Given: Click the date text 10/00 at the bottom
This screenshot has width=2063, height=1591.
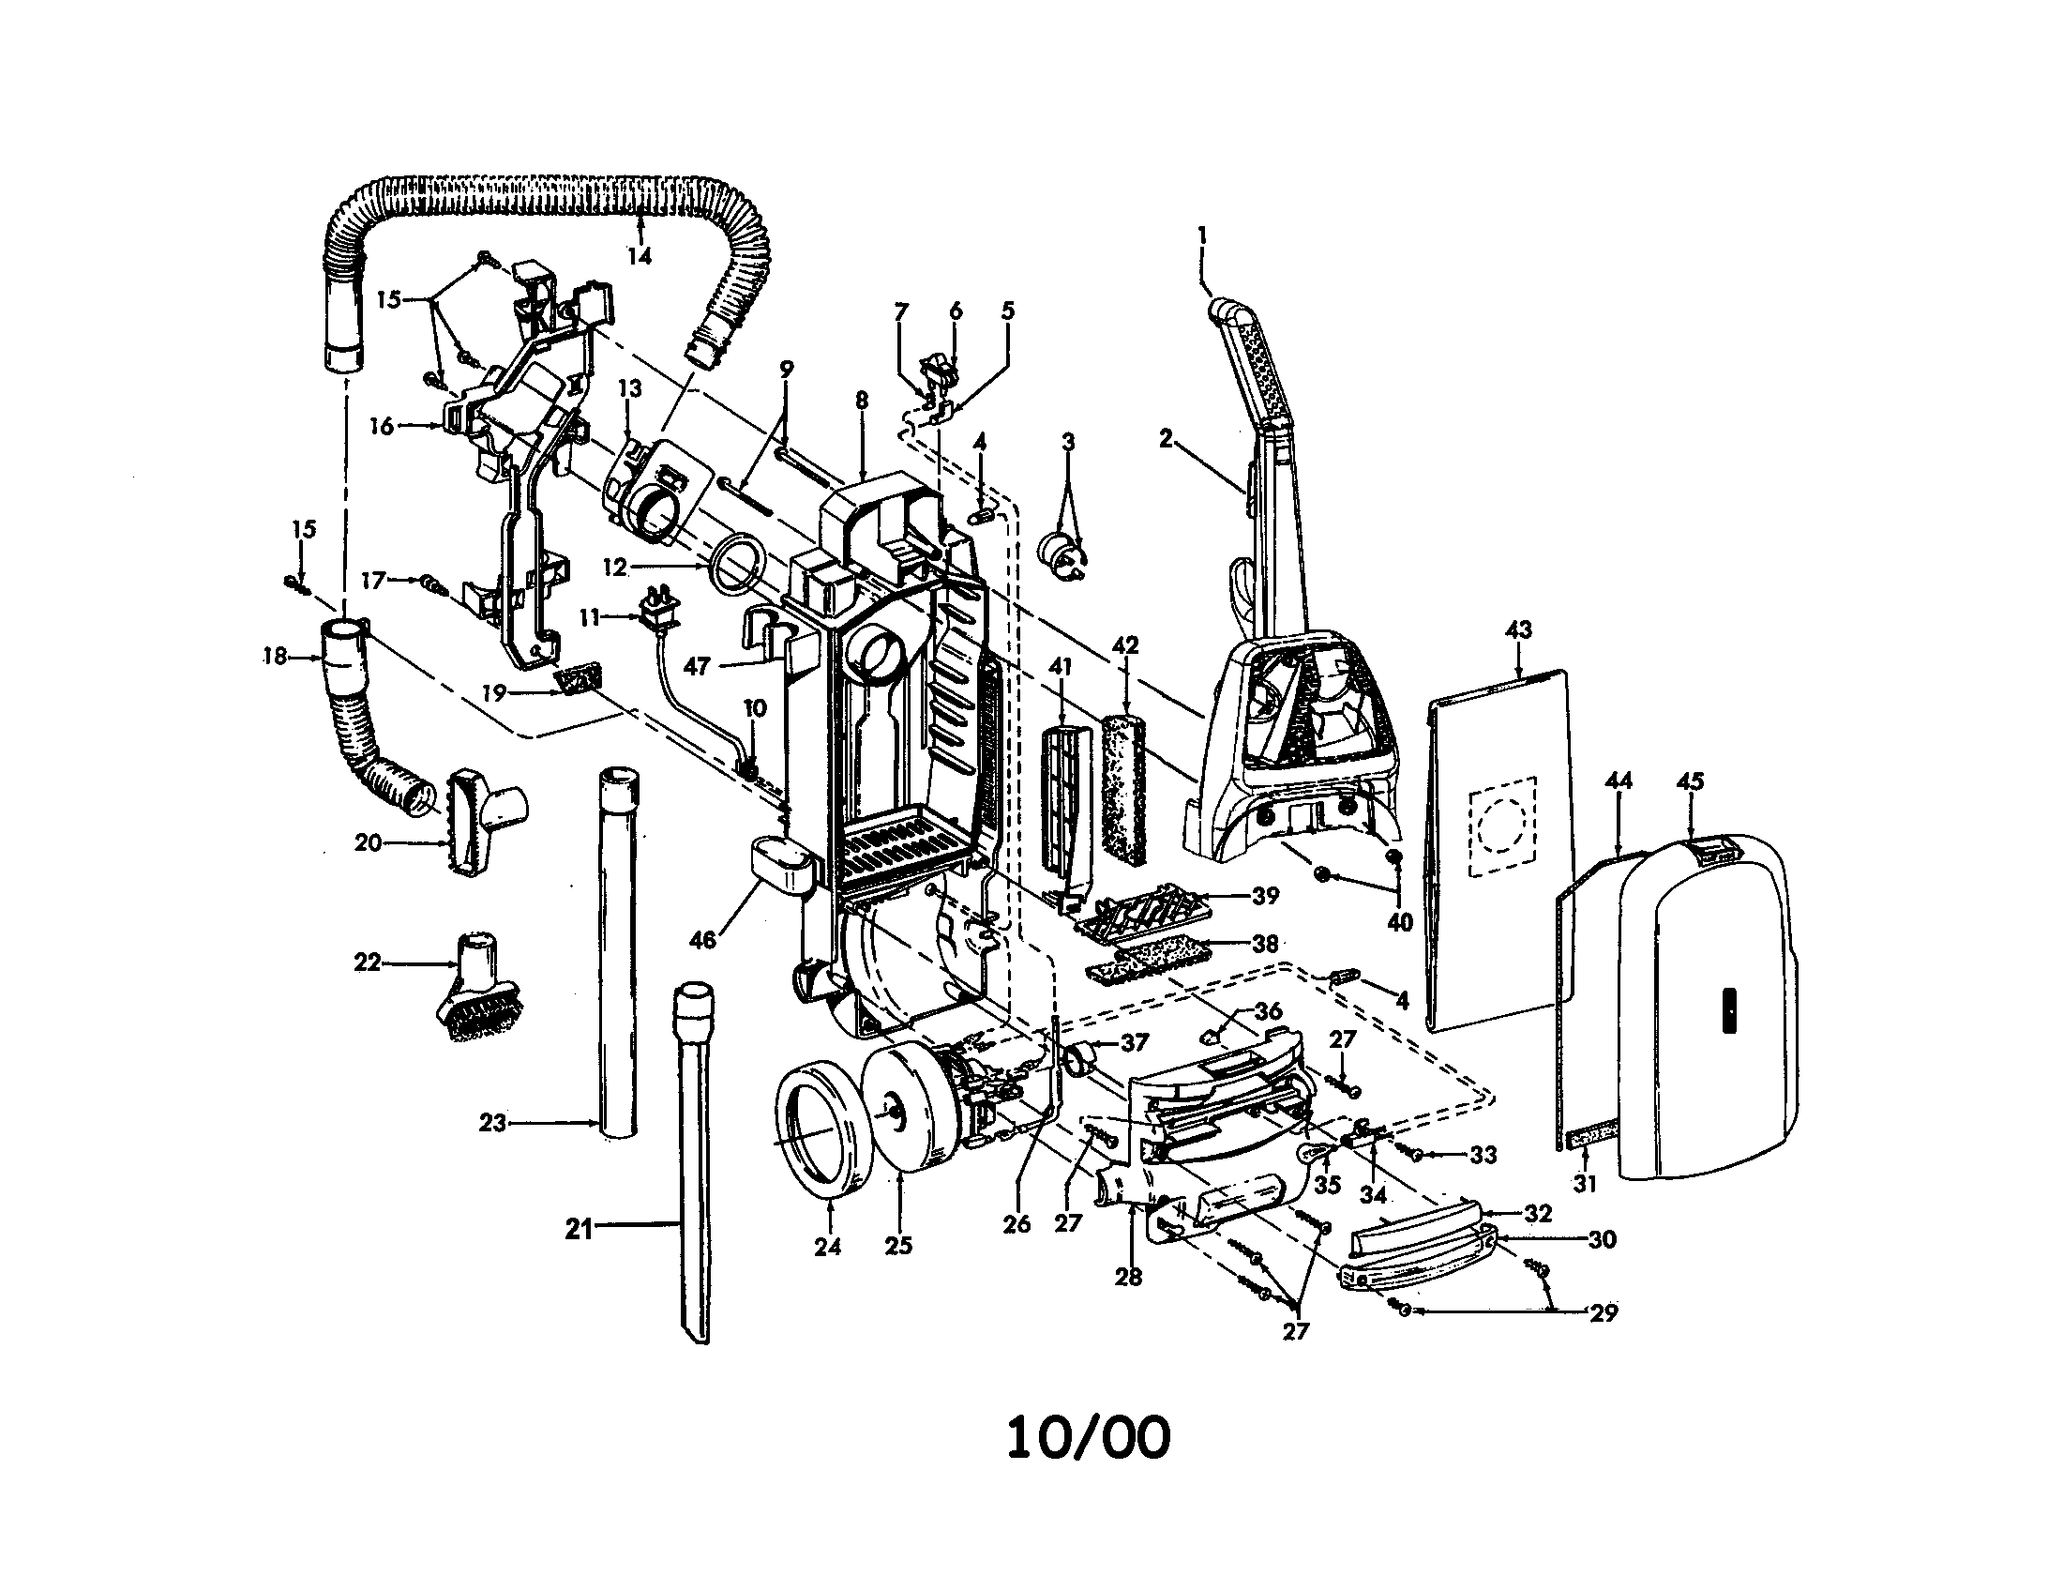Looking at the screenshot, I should coord(1087,1439).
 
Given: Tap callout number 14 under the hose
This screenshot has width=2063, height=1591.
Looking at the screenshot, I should coord(640,256).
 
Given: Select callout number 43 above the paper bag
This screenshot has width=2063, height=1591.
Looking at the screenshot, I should coord(1518,630).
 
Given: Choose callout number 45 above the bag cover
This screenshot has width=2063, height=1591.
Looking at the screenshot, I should coord(1690,781).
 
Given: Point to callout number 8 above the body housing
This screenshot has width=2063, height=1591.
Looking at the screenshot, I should coord(861,400).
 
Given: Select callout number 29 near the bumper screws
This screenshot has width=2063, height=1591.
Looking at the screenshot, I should coord(1603,1312).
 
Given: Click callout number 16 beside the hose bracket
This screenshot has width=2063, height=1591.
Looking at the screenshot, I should coord(382,426).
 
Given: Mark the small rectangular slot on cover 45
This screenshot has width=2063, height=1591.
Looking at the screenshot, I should coord(1729,1011).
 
